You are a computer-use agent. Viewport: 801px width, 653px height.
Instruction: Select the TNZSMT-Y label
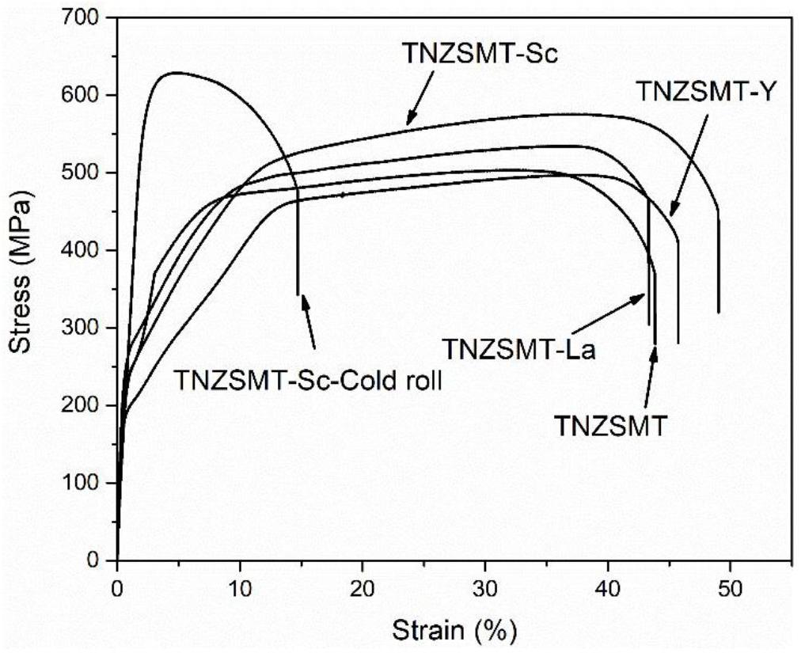tap(694, 93)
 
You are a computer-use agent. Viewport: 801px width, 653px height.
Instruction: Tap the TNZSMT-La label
tap(518, 348)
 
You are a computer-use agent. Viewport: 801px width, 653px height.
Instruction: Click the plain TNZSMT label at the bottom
tap(610, 425)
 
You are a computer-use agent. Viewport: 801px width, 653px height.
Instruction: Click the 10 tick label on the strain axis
tap(240, 590)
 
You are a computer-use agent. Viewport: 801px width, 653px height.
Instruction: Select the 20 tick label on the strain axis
tap(363, 590)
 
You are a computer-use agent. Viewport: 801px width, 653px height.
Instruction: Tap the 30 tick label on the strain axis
tap(485, 590)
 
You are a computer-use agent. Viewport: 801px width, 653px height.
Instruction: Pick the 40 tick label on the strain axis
tap(607, 590)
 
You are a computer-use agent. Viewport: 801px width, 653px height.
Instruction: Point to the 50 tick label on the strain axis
tap(730, 590)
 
